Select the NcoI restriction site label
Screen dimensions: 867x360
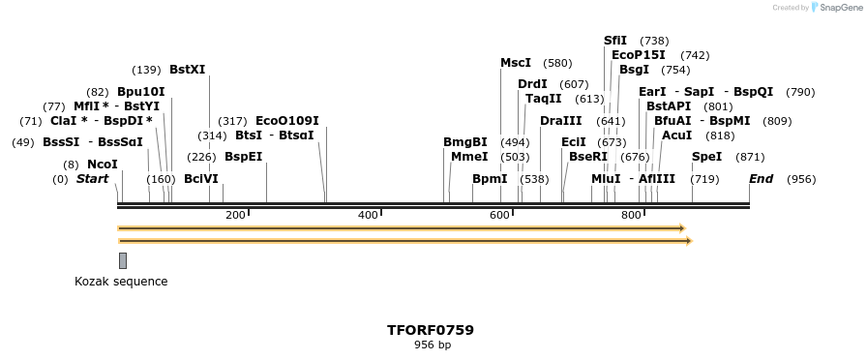pyautogui.click(x=102, y=165)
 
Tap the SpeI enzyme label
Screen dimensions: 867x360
pyautogui.click(x=706, y=157)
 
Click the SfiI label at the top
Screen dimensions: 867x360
pyautogui.click(x=615, y=41)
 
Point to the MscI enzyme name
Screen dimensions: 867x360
pyautogui.click(x=516, y=63)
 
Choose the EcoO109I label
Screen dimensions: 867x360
pyautogui.click(x=286, y=121)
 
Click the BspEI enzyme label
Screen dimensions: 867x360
pyautogui.click(x=244, y=157)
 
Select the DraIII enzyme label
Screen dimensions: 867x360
pyautogui.click(x=561, y=121)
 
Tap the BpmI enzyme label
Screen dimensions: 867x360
pyautogui.click(x=490, y=179)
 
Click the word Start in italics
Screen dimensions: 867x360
pyautogui.click(x=92, y=179)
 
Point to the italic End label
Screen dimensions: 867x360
pyautogui.click(x=761, y=179)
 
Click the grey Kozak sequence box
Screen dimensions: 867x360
pyautogui.click(x=123, y=260)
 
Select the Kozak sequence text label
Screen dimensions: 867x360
pyautogui.click(x=121, y=282)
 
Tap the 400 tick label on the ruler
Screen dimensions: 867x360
pyautogui.click(x=368, y=215)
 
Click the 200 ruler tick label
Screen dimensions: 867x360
pyautogui.click(x=235, y=215)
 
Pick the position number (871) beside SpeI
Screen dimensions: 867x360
pyautogui.click(x=750, y=157)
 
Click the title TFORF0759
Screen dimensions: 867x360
pyautogui.click(x=431, y=330)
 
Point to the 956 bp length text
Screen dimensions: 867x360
pyautogui.click(x=433, y=345)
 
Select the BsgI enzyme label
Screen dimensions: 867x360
pyautogui.click(x=634, y=70)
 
